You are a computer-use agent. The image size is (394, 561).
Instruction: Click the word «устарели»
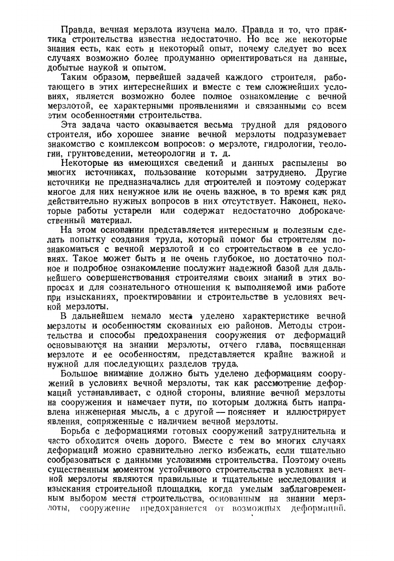[137, 211]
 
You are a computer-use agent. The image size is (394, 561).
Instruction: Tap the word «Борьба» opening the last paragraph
[77, 431]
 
